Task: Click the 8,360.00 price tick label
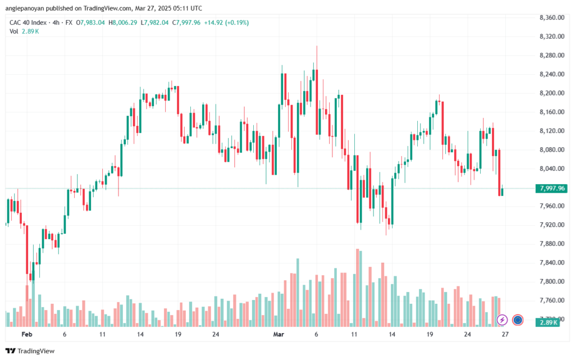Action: coord(552,17)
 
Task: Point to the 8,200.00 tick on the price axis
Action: coord(552,93)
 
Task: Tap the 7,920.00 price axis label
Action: coord(552,225)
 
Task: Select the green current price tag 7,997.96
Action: coord(551,189)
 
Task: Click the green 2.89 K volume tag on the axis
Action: coord(547,322)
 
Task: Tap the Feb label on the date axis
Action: coord(27,334)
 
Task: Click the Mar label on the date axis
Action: coord(279,334)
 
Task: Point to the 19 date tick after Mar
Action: coord(430,334)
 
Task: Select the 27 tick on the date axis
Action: coord(505,334)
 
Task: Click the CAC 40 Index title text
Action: coord(28,22)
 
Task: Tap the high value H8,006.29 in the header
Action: coord(122,22)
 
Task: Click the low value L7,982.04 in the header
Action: coord(154,22)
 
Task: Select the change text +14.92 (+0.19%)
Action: coord(226,22)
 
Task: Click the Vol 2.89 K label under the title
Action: coord(24,31)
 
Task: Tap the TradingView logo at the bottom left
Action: coord(30,351)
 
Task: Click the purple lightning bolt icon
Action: coord(502,320)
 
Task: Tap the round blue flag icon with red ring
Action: coord(518,320)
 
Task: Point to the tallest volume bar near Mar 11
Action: coord(357,288)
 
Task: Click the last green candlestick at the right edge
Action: coord(502,192)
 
